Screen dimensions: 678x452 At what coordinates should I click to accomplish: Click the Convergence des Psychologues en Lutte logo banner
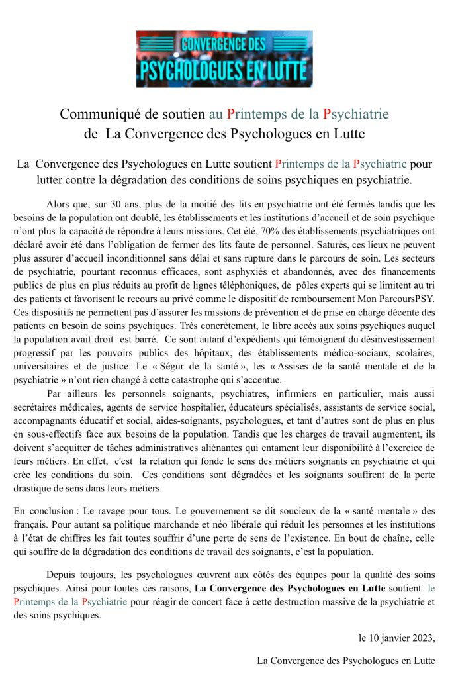tap(224, 59)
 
